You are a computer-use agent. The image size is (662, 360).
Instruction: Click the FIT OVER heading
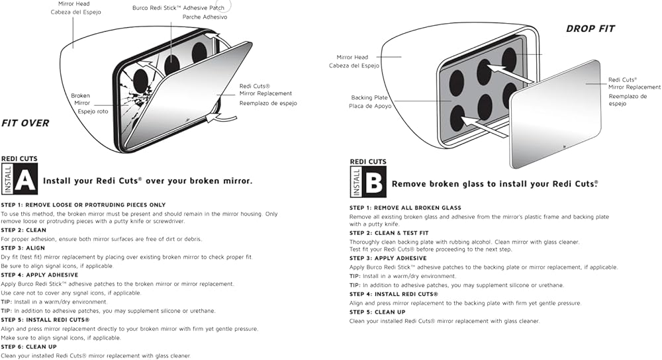[25, 123]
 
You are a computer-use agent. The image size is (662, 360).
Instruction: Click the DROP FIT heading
[590, 28]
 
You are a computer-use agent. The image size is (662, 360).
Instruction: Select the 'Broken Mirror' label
[81, 99]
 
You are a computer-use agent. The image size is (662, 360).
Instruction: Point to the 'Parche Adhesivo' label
[205, 17]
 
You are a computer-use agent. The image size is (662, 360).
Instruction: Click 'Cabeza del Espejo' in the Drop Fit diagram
[355, 66]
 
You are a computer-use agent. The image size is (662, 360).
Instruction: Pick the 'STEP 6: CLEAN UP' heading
[28, 347]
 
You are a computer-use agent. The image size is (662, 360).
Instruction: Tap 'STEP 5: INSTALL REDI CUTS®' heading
[46, 320]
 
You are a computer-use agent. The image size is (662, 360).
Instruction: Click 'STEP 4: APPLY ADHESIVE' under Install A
[40, 275]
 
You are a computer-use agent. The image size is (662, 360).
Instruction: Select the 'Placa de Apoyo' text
[370, 106]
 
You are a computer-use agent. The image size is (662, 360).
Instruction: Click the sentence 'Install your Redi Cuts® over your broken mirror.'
[147, 181]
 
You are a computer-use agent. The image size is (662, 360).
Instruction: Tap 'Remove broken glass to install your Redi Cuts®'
[495, 184]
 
